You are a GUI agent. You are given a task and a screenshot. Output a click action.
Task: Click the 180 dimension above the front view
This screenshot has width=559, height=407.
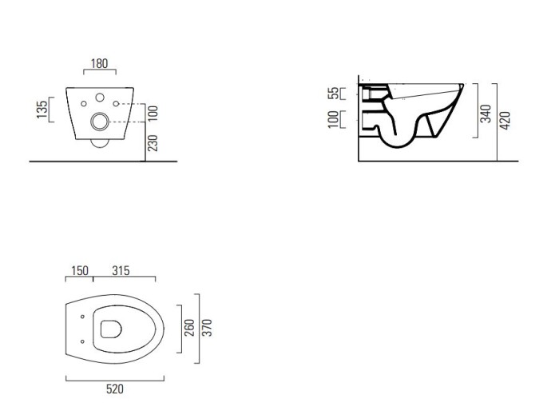pyautogui.click(x=99, y=63)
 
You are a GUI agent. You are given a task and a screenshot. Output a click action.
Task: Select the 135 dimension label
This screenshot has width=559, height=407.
pyautogui.click(x=42, y=110)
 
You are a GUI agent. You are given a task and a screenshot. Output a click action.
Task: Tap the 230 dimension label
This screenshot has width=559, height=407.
pyautogui.click(x=153, y=143)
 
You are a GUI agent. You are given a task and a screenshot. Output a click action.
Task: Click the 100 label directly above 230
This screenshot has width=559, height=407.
pyautogui.click(x=153, y=114)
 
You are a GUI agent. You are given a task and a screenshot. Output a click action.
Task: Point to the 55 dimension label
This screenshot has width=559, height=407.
pyautogui.click(x=334, y=94)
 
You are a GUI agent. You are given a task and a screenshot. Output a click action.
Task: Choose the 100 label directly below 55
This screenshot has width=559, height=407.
pyautogui.click(x=333, y=119)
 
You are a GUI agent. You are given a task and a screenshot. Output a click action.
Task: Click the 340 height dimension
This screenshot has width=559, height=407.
pyautogui.click(x=486, y=114)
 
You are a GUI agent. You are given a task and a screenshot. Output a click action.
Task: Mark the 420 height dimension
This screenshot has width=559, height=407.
pyautogui.click(x=505, y=121)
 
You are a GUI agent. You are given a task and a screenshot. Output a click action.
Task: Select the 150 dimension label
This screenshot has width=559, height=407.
pyautogui.click(x=80, y=271)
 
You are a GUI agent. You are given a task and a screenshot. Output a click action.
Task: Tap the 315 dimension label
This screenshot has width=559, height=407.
pyautogui.click(x=121, y=271)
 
